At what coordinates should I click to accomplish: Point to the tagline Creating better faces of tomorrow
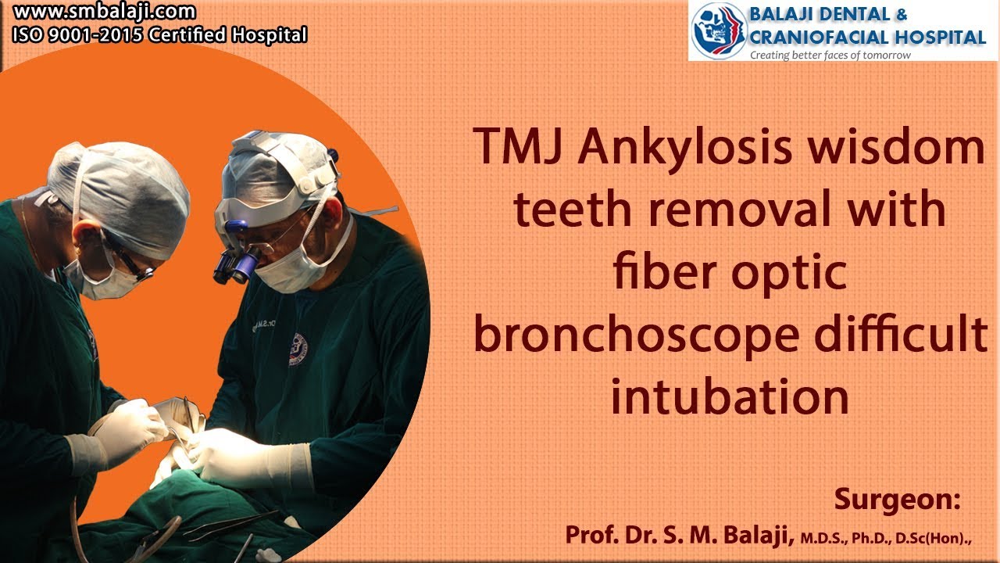coord(830,56)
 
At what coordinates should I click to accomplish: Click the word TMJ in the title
coord(519,147)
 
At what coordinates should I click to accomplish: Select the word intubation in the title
coord(730,396)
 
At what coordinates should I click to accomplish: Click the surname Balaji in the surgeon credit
coord(755,536)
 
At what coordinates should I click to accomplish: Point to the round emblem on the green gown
coord(298,346)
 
